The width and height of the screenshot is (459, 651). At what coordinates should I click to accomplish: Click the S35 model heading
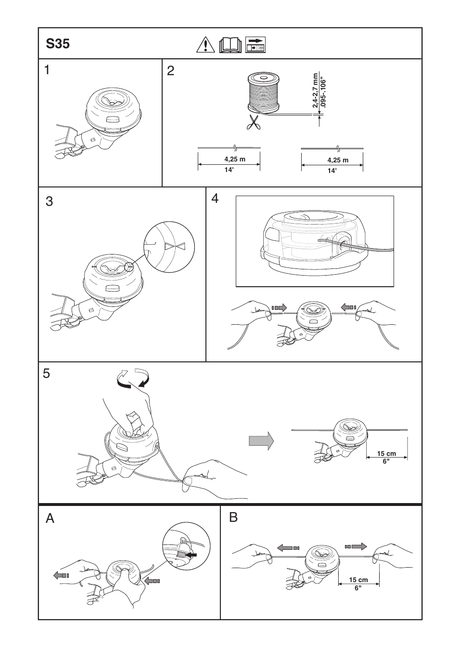[58, 44]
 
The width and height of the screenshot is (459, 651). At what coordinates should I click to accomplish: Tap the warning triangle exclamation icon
[205, 45]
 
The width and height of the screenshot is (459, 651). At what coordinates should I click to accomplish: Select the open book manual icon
[230, 45]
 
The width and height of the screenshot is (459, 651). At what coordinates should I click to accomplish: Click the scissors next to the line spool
[253, 122]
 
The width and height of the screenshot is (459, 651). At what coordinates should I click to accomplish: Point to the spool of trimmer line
[263, 93]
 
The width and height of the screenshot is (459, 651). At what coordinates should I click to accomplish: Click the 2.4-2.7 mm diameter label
[315, 90]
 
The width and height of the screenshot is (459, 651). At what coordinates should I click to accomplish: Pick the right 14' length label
[332, 171]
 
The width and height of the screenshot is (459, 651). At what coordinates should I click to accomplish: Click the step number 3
[50, 201]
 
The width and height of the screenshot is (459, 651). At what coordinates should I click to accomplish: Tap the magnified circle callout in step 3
[169, 246]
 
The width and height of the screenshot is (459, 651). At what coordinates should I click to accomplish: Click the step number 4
[215, 198]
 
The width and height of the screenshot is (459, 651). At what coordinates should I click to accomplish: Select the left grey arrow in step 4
[279, 307]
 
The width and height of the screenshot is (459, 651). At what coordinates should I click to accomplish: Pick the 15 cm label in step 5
[386, 453]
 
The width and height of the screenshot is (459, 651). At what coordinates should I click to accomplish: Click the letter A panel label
[50, 519]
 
